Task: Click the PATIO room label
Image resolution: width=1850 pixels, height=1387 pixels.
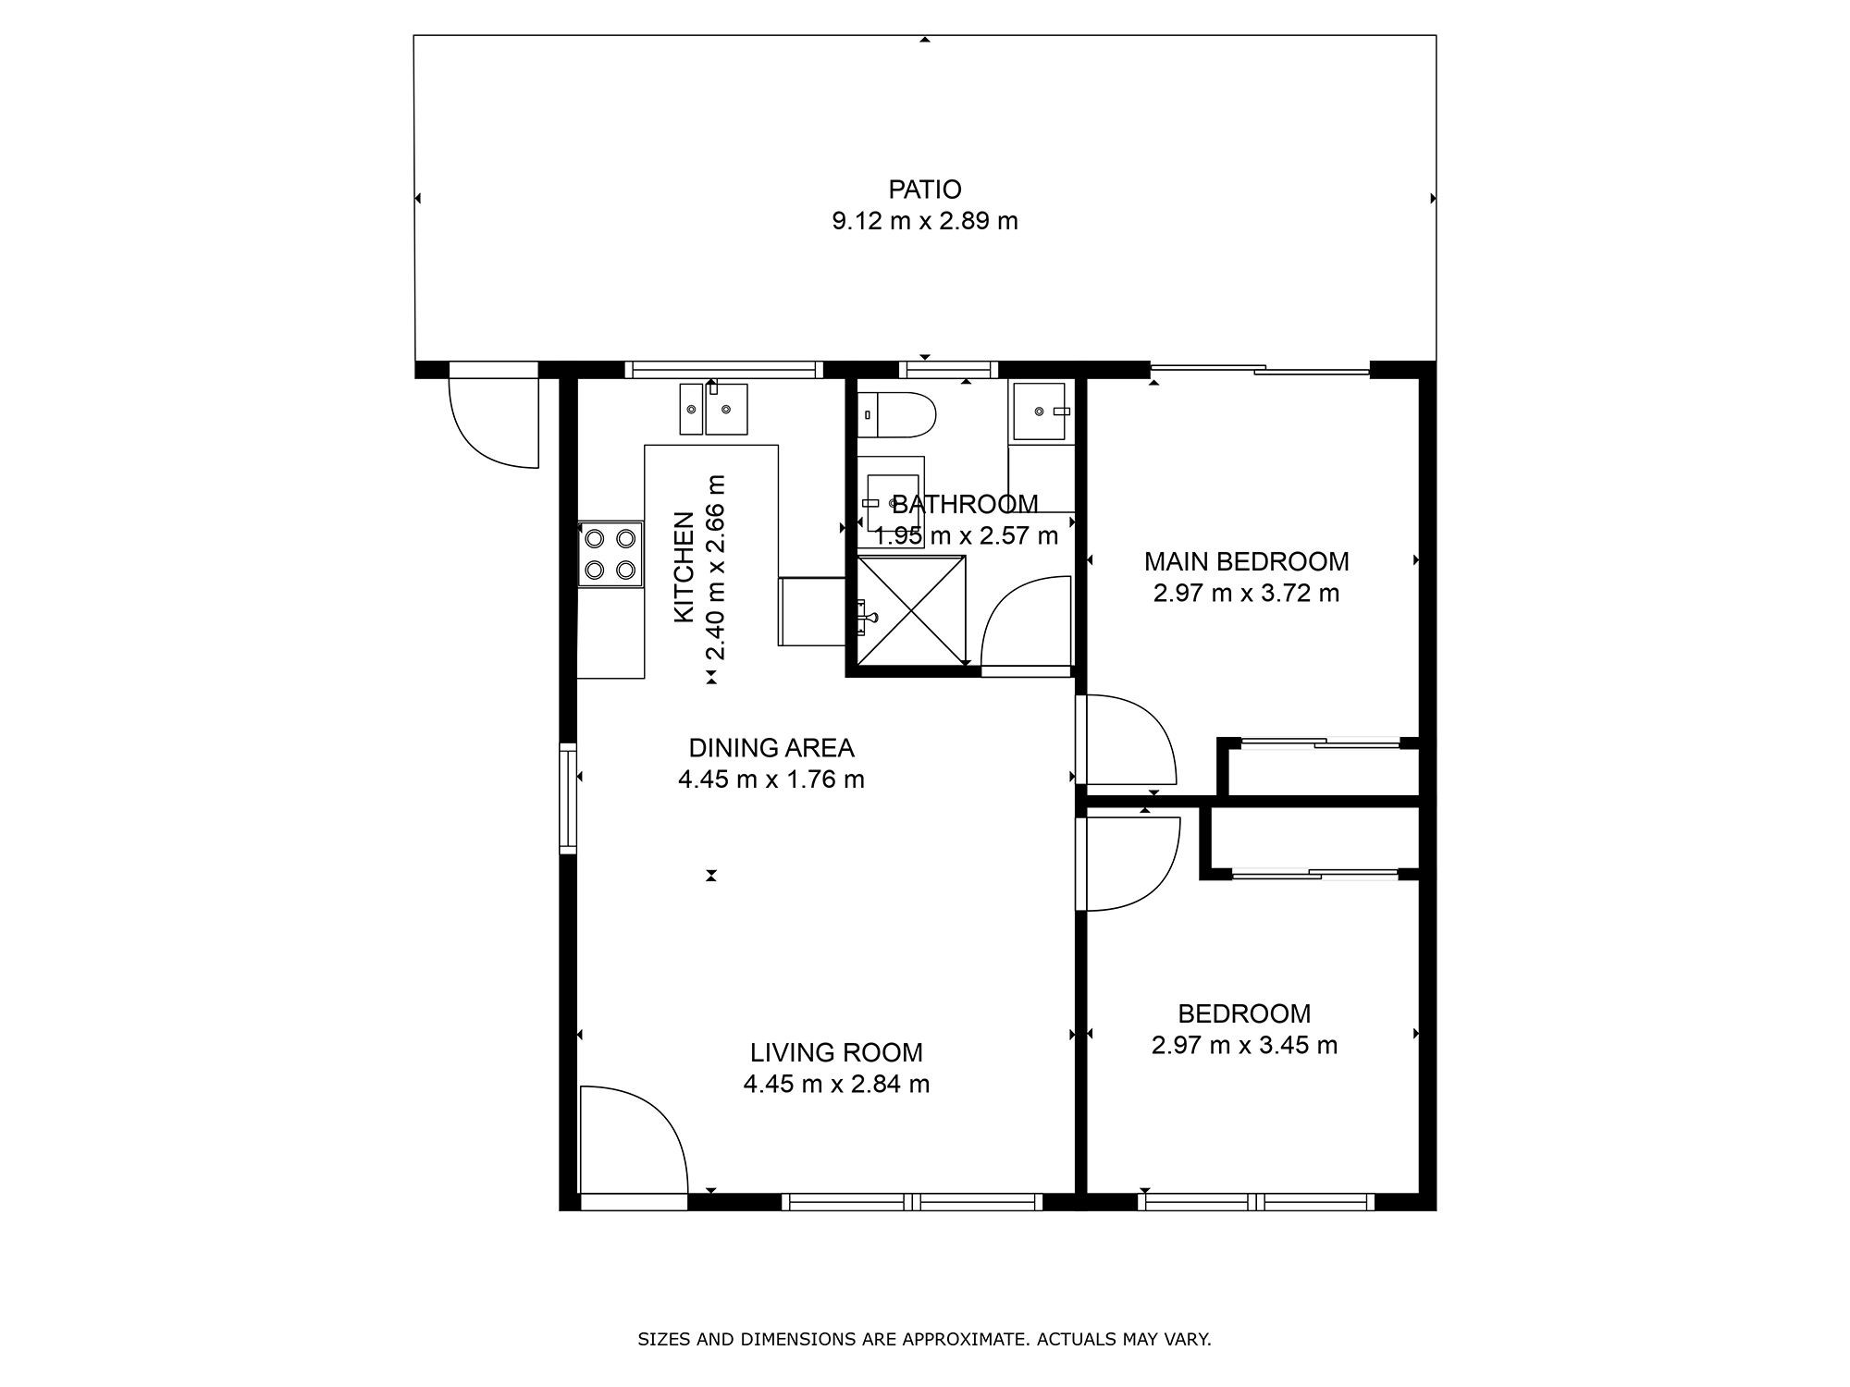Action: [925, 190]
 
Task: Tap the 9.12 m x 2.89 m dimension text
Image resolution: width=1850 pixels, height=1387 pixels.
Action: [925, 221]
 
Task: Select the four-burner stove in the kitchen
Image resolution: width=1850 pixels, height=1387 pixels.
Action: [610, 553]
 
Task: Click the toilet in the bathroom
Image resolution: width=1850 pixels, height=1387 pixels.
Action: [896, 415]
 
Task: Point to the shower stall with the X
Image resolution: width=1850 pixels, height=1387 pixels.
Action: [911, 610]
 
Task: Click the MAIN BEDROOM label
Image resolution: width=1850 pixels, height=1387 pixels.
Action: [1246, 561]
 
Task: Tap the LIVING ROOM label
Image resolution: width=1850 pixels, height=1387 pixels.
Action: [836, 1052]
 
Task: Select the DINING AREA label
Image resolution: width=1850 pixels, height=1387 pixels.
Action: [771, 747]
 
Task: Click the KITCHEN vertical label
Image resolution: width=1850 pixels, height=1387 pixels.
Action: [684, 567]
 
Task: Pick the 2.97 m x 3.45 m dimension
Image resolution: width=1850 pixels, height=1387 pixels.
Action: [1244, 1045]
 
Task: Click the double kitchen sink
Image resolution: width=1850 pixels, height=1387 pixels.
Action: [713, 409]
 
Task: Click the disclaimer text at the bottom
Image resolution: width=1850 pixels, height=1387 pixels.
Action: [924, 1339]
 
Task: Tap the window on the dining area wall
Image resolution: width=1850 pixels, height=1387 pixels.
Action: [568, 796]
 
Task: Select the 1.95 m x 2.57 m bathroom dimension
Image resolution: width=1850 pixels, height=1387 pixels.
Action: [967, 535]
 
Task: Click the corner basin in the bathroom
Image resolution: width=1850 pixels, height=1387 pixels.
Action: [1042, 411]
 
